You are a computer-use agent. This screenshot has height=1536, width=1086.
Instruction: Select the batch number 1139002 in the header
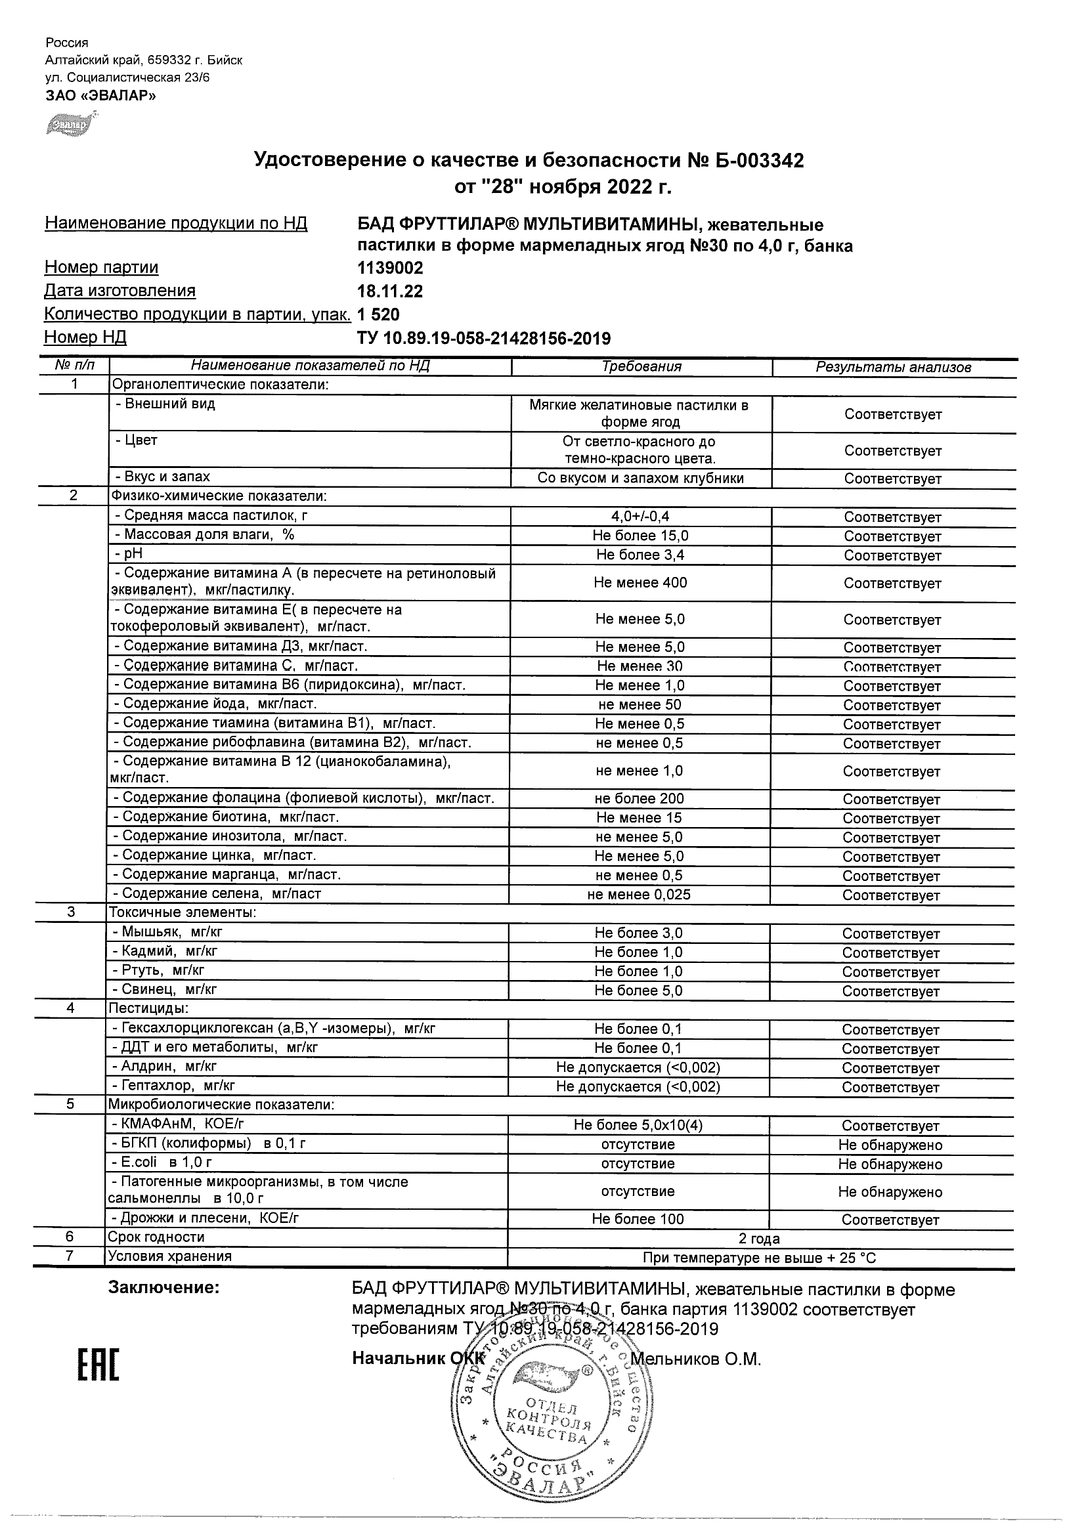390,268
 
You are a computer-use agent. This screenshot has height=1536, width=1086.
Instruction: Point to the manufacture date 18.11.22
390,291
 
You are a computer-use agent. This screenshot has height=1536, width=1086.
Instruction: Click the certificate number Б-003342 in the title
755,161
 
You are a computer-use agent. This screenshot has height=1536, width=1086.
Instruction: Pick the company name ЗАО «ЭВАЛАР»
101,95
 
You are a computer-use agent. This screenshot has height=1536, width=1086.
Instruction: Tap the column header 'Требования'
641,367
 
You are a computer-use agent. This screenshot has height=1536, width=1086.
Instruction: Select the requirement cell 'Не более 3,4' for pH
640,555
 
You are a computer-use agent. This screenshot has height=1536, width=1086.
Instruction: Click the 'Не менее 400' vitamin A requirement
640,583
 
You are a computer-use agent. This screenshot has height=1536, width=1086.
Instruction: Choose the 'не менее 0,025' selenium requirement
638,895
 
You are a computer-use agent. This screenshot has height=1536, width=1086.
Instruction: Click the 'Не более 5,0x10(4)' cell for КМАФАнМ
638,1125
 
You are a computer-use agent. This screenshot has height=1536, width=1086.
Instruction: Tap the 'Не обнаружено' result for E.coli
890,1164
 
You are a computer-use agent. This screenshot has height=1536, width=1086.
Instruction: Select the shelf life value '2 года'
759,1238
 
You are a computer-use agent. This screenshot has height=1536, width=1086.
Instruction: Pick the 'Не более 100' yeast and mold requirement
638,1219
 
